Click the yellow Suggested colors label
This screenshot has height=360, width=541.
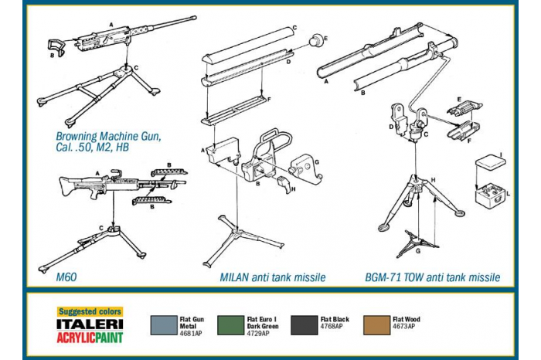[x=90, y=311]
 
